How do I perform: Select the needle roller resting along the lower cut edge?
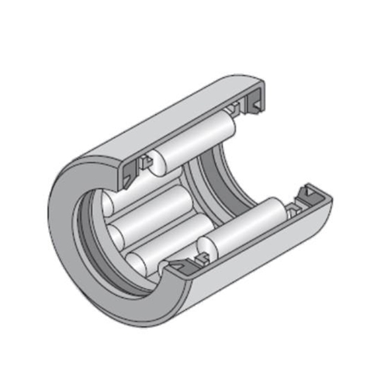[248, 225]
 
